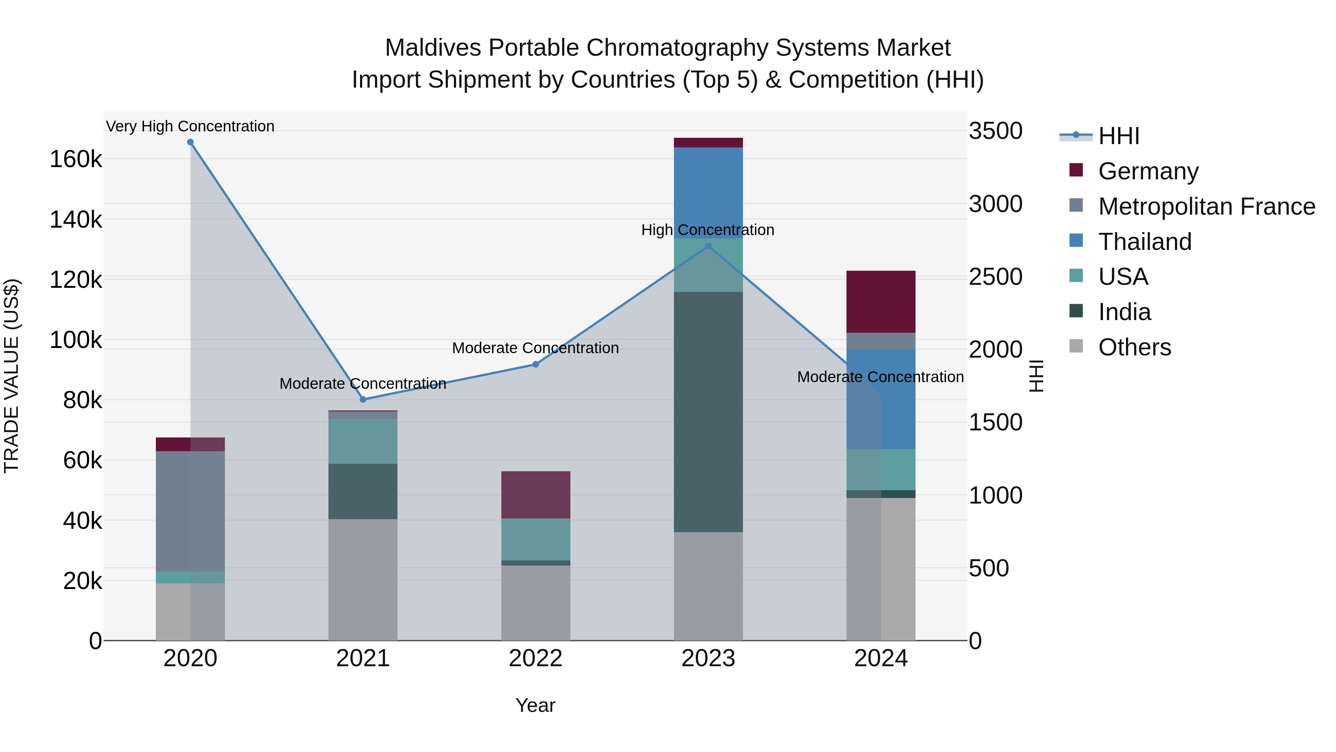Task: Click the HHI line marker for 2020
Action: (190, 142)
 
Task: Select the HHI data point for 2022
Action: (536, 364)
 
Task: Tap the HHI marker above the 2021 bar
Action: (363, 399)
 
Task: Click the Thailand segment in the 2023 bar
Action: (708, 192)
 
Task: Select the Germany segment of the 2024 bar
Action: (881, 302)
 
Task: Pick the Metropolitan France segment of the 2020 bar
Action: (190, 511)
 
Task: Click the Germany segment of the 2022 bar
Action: (536, 495)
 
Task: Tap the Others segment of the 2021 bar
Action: (363, 579)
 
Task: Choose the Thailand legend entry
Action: (1145, 242)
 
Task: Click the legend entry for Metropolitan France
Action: (1206, 206)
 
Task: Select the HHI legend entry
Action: (1119, 136)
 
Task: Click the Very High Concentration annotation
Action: (190, 126)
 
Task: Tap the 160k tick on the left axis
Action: (76, 159)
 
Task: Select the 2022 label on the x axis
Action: (536, 658)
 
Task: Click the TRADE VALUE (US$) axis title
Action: (12, 376)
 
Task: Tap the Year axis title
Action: (535, 705)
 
